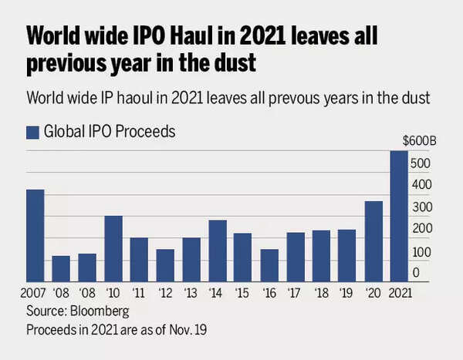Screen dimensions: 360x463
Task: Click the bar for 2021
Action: pos(399,216)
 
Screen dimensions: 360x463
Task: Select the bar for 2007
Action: pos(35,235)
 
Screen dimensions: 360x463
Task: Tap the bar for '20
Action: pos(373,241)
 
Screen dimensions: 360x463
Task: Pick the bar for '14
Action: pos(218,251)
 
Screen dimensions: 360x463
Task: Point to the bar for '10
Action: pos(113,248)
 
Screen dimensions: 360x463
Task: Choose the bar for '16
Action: pos(269,265)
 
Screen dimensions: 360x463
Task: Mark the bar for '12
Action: pos(165,265)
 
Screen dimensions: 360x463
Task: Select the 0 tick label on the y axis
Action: pos(416,273)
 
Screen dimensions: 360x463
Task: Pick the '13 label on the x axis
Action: pos(191,293)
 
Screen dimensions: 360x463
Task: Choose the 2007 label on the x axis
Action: pos(35,293)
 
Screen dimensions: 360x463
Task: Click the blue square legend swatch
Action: pos(32,133)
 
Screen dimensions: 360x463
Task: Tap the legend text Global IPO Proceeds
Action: pos(110,132)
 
